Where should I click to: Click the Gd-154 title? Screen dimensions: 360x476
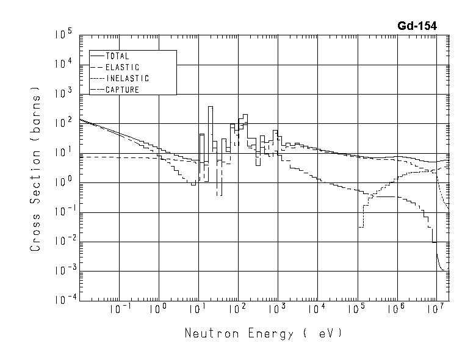pyautogui.click(x=417, y=26)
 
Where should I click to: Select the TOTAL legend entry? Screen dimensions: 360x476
pyautogui.click(x=117, y=56)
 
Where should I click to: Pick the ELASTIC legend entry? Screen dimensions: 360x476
pyautogui.click(x=122, y=67)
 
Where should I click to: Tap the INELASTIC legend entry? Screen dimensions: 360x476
pyautogui.click(x=127, y=79)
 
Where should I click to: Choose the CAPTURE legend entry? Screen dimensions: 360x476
pyautogui.click(x=122, y=90)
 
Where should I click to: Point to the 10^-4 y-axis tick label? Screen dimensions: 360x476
pyautogui.click(x=62, y=299)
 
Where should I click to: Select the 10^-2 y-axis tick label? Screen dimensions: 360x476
pyautogui.click(x=62, y=240)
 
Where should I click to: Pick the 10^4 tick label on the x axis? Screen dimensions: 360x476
pyautogui.click(x=317, y=309)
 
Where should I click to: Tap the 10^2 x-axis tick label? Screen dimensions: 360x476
pyautogui.click(x=239, y=309)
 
